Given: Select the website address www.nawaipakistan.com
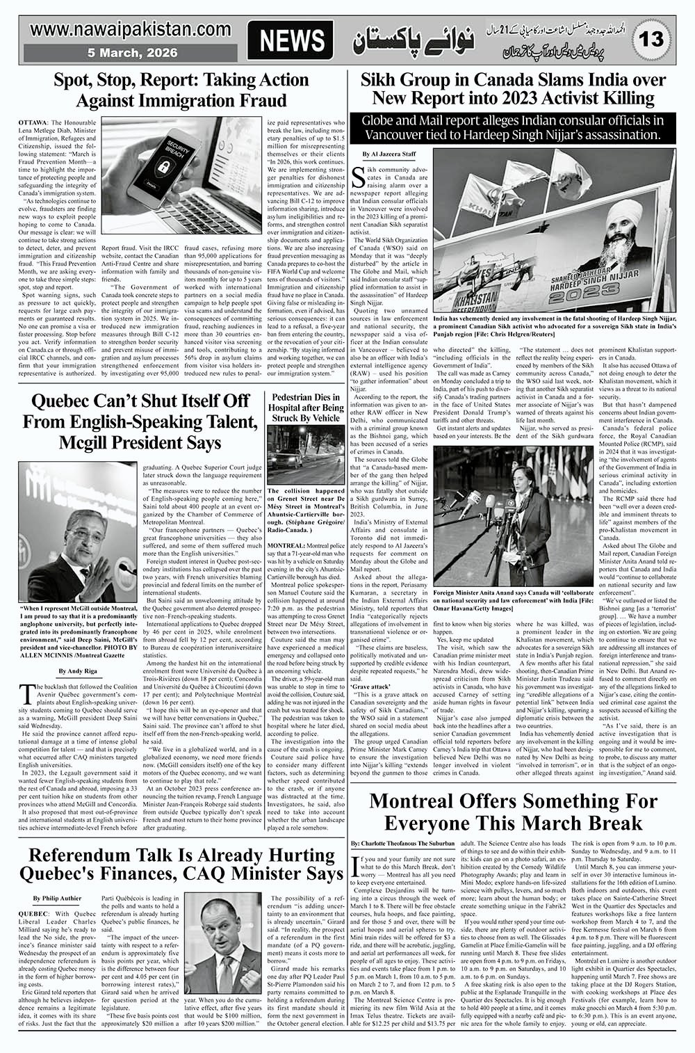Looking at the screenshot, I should click(131, 30).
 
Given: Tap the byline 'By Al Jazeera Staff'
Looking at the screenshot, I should click(390, 153).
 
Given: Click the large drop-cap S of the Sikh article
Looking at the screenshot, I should click(361, 179).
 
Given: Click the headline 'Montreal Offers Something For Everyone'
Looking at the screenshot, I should click(513, 812).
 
